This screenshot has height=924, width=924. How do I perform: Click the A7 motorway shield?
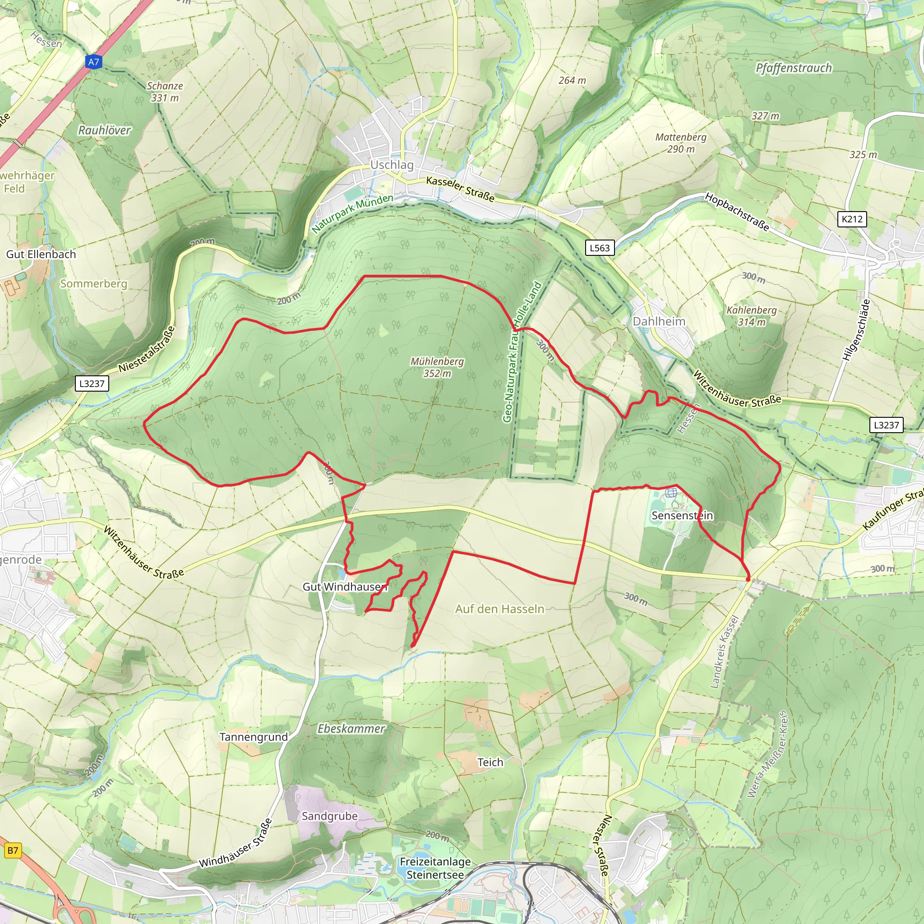(94, 62)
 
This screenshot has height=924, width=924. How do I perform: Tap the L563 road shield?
(599, 248)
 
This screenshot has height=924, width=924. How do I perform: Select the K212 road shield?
(852, 219)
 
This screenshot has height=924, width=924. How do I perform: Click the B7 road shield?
(13, 850)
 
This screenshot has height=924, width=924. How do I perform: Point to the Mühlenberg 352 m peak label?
(437, 367)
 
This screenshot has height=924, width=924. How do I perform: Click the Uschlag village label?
(392, 165)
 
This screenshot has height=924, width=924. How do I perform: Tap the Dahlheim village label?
(659, 321)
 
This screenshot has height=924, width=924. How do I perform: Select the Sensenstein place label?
(682, 516)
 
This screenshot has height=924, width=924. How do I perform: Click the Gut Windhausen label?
(344, 587)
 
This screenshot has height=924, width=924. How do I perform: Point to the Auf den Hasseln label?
(499, 609)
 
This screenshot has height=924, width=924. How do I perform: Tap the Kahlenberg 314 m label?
(751, 316)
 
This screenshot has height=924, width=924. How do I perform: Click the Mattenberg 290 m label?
(680, 143)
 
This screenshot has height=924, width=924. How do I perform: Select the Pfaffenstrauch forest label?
(794, 68)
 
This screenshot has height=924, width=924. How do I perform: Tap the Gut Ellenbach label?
(41, 254)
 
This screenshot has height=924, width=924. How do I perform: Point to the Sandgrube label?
(329, 816)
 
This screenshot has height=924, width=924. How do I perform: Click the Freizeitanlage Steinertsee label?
(435, 868)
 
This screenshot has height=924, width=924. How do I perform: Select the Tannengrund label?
(254, 737)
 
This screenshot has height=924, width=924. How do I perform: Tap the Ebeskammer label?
(351, 728)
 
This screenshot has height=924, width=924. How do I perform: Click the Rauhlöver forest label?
(104, 130)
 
